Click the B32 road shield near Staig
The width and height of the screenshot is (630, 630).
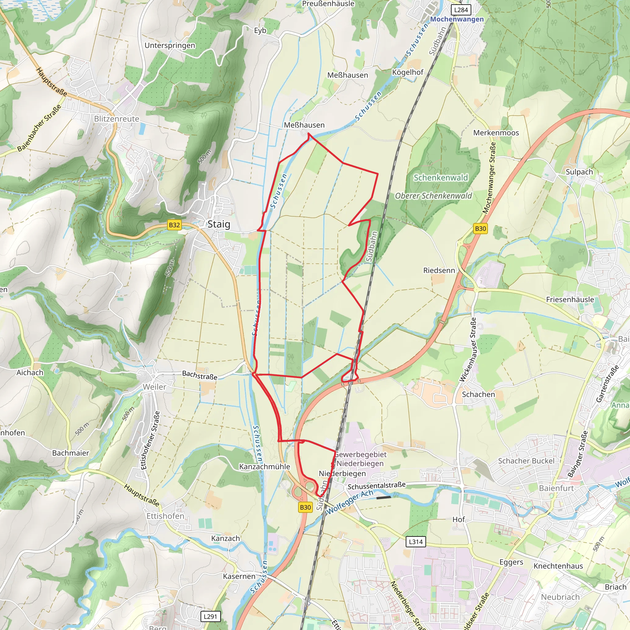pyautogui.click(x=174, y=225)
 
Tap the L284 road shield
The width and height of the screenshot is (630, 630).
pyautogui.click(x=461, y=10)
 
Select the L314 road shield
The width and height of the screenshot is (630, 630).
pyautogui.click(x=416, y=542)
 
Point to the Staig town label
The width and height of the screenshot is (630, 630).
pyautogui.click(x=219, y=224)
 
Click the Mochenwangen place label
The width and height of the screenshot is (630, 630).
pyautogui.click(x=457, y=19)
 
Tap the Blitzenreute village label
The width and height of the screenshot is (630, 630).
pyautogui.click(x=116, y=119)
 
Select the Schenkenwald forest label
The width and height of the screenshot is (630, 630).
pyautogui.click(x=441, y=178)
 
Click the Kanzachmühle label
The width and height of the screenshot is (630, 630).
pyautogui.click(x=265, y=467)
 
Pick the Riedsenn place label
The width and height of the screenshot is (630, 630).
pyautogui.click(x=439, y=270)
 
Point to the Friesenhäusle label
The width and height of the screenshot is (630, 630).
pyautogui.click(x=570, y=299)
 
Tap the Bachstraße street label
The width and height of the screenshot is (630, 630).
pyautogui.click(x=200, y=375)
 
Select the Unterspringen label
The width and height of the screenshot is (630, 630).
pyautogui.click(x=169, y=45)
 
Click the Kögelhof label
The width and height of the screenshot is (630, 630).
pyautogui.click(x=408, y=72)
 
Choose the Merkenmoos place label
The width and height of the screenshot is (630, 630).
pyautogui.click(x=496, y=133)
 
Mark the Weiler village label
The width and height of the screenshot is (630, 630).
pyautogui.click(x=154, y=387)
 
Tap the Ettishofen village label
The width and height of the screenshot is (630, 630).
pyautogui.click(x=165, y=516)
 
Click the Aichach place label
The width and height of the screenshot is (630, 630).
pyautogui.click(x=30, y=373)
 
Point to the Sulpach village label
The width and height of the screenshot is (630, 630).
pyautogui.click(x=579, y=172)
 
